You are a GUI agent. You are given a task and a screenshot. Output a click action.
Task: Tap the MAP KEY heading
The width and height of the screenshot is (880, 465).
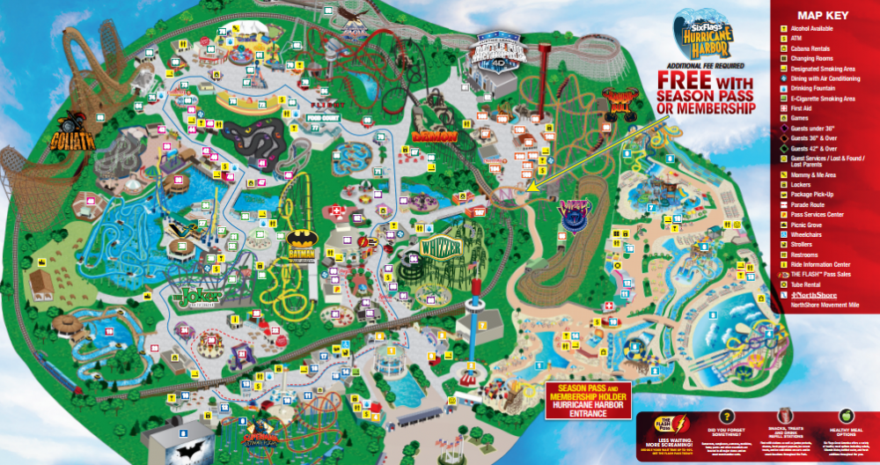pos(822,15)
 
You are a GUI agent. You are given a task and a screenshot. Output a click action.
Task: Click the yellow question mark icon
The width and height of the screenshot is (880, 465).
pos(727,416)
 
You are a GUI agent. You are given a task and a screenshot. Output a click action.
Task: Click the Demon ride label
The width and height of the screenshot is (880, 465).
pos(434,137)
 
